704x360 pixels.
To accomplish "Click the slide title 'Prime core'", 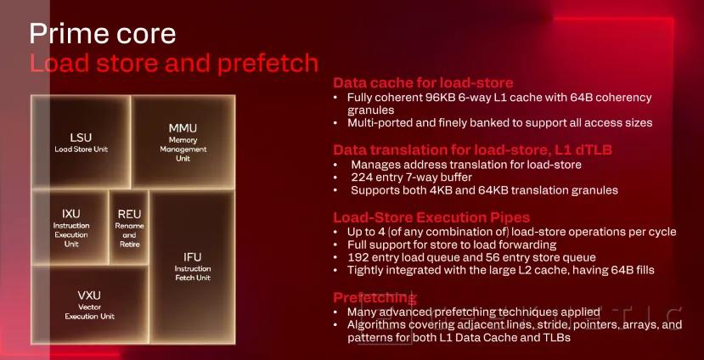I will click(102, 33).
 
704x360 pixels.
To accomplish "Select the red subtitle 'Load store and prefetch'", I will click(174, 63).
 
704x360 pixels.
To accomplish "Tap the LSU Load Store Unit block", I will click(81, 142).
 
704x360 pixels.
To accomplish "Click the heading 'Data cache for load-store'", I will click(422, 83).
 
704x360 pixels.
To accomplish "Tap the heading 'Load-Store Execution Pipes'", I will click(432, 217).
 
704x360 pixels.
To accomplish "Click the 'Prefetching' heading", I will click(375, 298).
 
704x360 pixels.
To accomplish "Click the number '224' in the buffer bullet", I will click(363, 177).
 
